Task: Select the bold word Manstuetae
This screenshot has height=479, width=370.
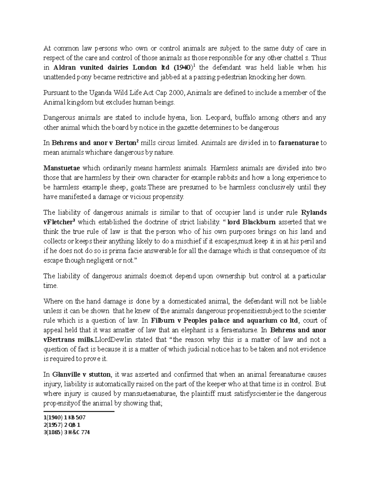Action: (x=62, y=168)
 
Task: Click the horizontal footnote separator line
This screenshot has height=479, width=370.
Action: (x=79, y=411)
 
